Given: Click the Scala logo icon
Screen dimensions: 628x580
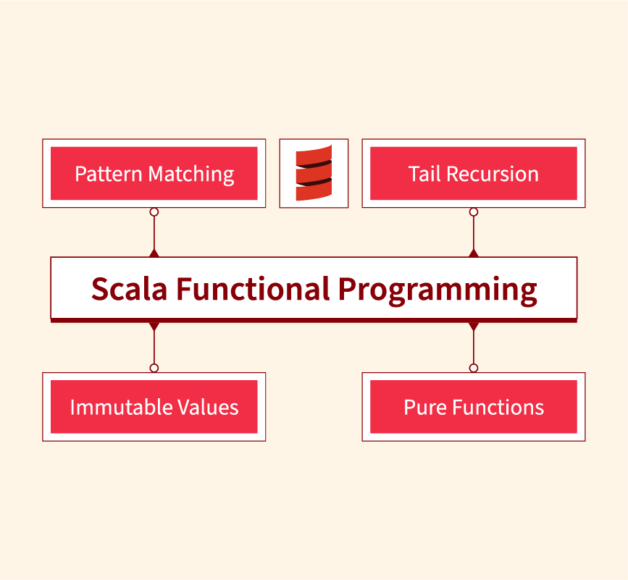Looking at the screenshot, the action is pos(314,173).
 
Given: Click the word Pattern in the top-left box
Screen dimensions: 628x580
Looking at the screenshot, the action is pos(109,174).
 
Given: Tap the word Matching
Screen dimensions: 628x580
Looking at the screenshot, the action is pos(191,175).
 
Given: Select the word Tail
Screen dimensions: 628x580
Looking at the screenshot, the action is pos(424,174).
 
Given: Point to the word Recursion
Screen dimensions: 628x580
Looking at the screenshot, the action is pos(493,174).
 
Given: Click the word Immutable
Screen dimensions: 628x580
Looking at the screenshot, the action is pos(121,407).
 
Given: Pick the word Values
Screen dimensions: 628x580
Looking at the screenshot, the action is pos(208,407).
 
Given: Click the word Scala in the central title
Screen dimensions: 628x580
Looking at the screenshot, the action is pos(129,289).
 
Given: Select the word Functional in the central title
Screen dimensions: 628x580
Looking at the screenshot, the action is pos(253,289).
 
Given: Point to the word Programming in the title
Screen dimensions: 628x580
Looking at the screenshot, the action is pos(437,290).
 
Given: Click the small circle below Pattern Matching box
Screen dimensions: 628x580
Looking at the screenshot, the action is pos(154,212).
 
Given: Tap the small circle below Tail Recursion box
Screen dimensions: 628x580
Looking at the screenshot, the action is pos(474,212).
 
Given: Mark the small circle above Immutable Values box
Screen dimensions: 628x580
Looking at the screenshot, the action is pos(154,368).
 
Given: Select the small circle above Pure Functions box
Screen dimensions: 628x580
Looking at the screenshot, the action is pos(474,368).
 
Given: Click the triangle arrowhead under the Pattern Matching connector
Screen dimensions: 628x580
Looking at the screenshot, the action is pos(154,253).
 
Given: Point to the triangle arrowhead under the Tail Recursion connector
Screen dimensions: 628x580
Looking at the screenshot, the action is pos(474,253).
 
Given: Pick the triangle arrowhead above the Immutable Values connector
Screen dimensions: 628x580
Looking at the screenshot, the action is pos(154,327).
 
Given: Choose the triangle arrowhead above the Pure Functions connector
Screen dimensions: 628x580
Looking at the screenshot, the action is pos(474,327).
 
